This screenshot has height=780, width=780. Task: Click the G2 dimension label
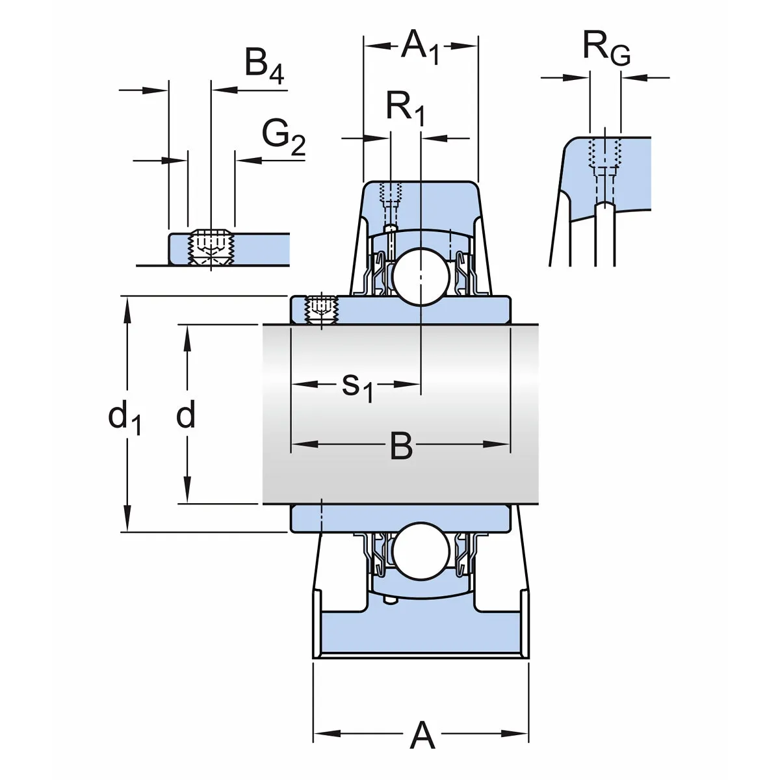(x=283, y=136)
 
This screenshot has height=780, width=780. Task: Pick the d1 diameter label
(x=124, y=417)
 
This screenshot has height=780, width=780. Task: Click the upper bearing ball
(x=419, y=276)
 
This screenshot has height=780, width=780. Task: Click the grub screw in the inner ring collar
(x=321, y=308)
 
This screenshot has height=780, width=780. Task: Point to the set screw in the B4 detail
(x=211, y=249)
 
